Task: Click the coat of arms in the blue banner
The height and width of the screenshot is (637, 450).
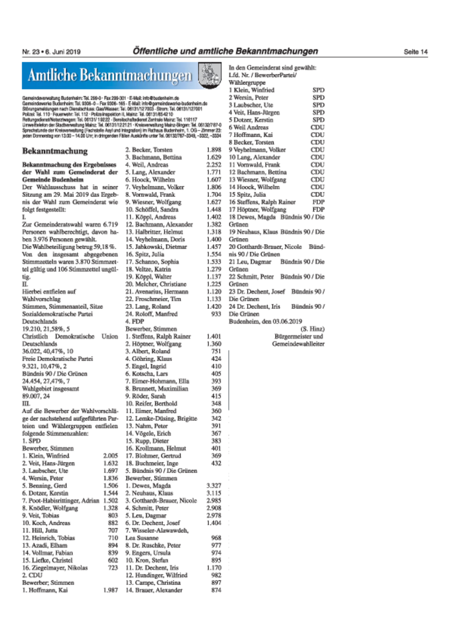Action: [x=209, y=75]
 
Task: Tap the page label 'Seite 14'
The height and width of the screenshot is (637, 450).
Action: [x=415, y=52]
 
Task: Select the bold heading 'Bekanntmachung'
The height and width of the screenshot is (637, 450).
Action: [x=55, y=151]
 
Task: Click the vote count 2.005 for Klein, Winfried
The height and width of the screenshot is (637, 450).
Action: [x=110, y=456]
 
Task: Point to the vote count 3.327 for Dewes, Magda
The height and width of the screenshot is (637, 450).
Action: [x=214, y=486]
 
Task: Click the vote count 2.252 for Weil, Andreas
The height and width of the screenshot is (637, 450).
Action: [x=214, y=165]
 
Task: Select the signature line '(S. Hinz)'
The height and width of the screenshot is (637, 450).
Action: [x=312, y=329]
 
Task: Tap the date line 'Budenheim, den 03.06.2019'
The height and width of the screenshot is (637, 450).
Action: [x=265, y=321]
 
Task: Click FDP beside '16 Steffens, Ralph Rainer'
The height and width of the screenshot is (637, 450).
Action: [x=318, y=202]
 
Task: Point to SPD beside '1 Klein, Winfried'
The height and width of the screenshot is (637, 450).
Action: [x=318, y=90]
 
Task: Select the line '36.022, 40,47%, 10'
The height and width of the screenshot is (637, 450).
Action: [x=48, y=351]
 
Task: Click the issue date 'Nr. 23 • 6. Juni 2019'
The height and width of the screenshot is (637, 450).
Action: [x=51, y=52]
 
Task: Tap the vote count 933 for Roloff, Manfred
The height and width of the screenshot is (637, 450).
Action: [x=216, y=314]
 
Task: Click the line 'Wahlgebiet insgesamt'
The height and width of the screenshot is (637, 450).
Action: [x=50, y=389]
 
